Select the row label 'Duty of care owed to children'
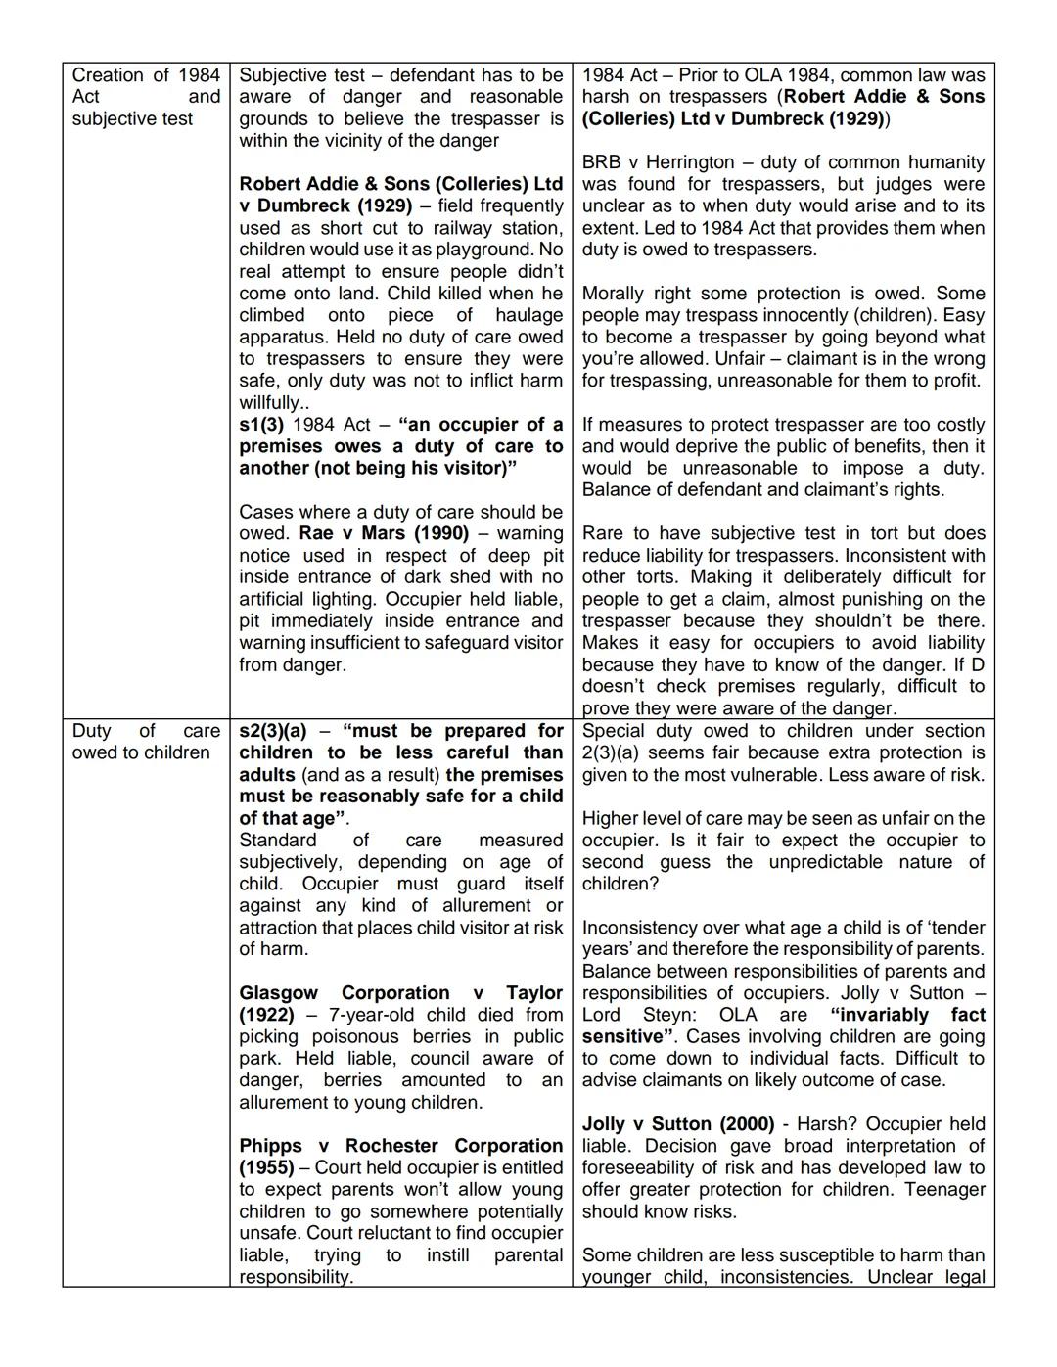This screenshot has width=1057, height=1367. tap(146, 742)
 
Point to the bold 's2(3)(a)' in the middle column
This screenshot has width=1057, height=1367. tap(273, 731)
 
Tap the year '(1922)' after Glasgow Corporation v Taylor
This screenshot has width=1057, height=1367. tap(266, 1015)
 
